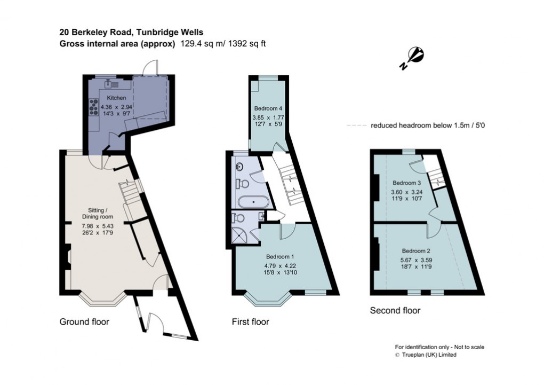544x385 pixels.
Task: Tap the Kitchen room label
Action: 116,98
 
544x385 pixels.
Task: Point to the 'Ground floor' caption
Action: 84,321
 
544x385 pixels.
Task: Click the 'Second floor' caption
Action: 395,310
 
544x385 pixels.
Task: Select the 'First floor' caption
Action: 250,321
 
